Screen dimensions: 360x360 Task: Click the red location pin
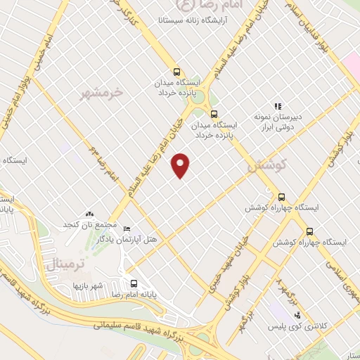pyautogui.click(x=181, y=165)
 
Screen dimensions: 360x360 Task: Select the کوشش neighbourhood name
pyautogui.click(x=264, y=166)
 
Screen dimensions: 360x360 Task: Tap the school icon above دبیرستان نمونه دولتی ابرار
pyautogui.click(x=278, y=105)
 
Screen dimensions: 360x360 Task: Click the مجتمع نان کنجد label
pyautogui.click(x=89, y=224)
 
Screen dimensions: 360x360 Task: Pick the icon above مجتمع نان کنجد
pyautogui.click(x=89, y=213)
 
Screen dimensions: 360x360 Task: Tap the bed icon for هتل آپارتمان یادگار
pyautogui.click(x=127, y=229)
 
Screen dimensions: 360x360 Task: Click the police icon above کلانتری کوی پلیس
pyautogui.click(x=297, y=315)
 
